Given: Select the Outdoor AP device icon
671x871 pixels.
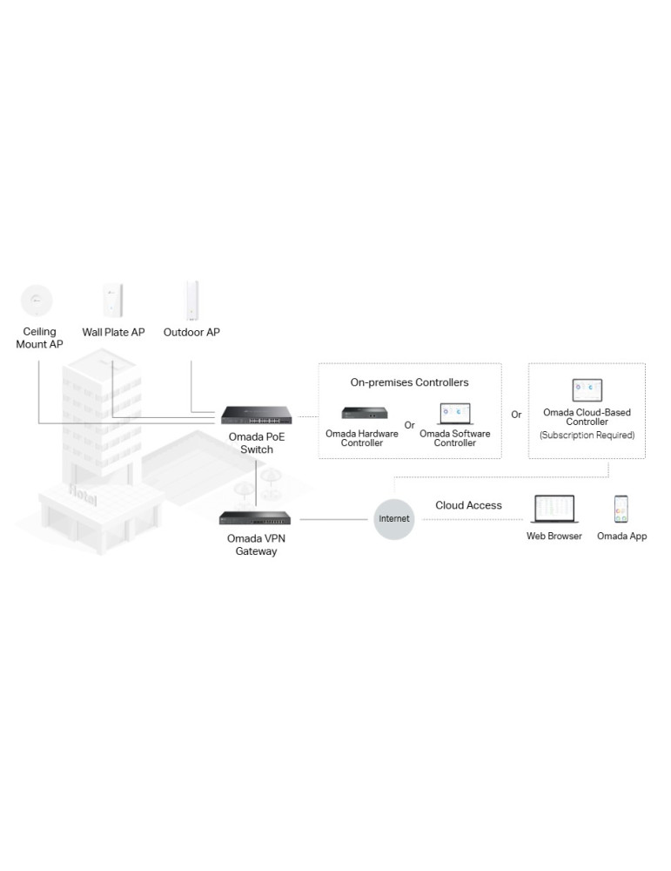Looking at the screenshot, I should (x=191, y=300).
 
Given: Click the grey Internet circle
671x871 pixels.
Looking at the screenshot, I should (x=393, y=519).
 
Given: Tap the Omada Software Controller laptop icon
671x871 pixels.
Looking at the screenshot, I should (x=454, y=413).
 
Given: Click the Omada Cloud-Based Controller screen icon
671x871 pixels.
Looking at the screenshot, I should (x=587, y=389).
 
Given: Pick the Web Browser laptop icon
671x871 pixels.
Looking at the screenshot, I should (x=554, y=509).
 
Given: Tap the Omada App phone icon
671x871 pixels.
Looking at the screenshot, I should (x=621, y=509).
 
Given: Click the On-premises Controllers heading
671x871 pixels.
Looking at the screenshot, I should (x=409, y=382).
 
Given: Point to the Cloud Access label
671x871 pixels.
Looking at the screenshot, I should (x=468, y=505).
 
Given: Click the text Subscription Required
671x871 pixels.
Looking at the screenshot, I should (x=587, y=435).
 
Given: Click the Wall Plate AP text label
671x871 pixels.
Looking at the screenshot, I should (x=113, y=332).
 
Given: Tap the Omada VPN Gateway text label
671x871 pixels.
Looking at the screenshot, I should (x=257, y=544).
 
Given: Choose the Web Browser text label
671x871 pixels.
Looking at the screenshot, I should (x=554, y=537).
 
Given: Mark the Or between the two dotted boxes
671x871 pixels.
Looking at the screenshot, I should (x=516, y=415).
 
